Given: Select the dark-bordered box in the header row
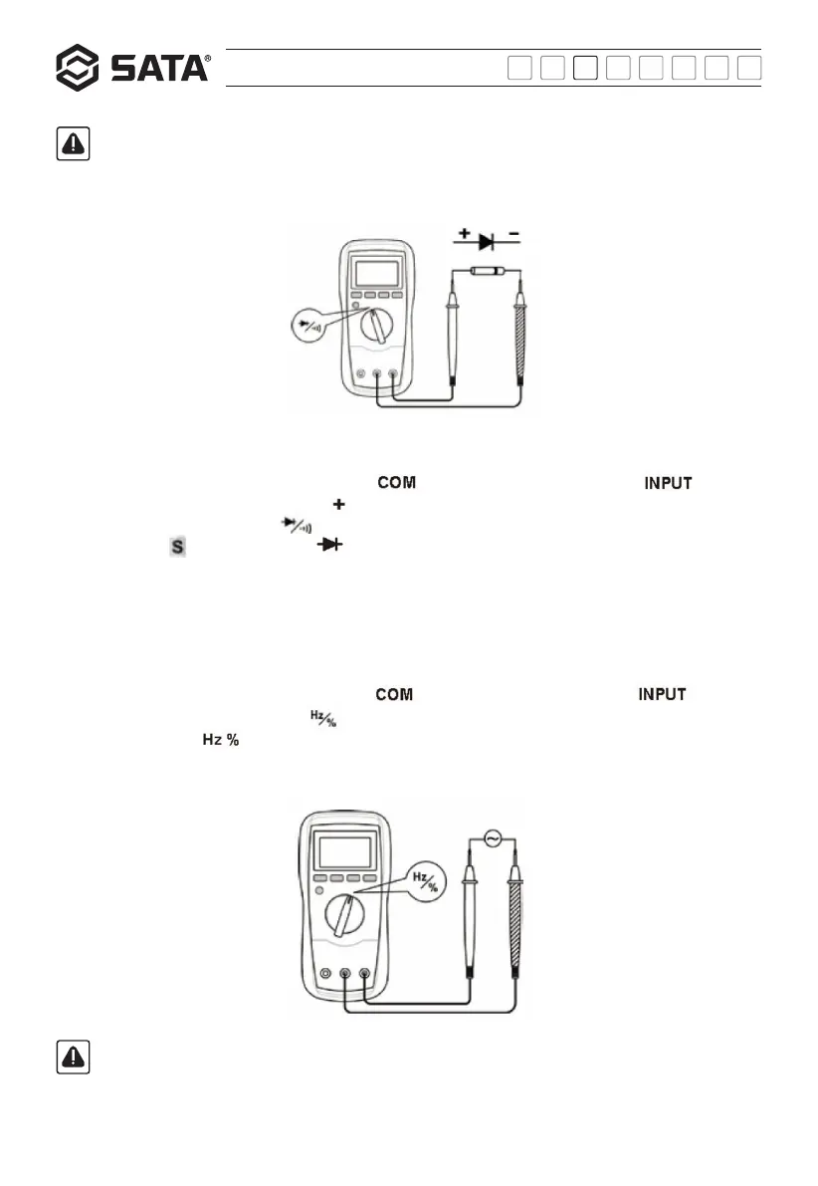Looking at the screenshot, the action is click(x=587, y=68).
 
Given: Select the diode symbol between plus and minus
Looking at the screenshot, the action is click(x=487, y=241).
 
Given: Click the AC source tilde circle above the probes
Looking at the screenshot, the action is click(x=492, y=840).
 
